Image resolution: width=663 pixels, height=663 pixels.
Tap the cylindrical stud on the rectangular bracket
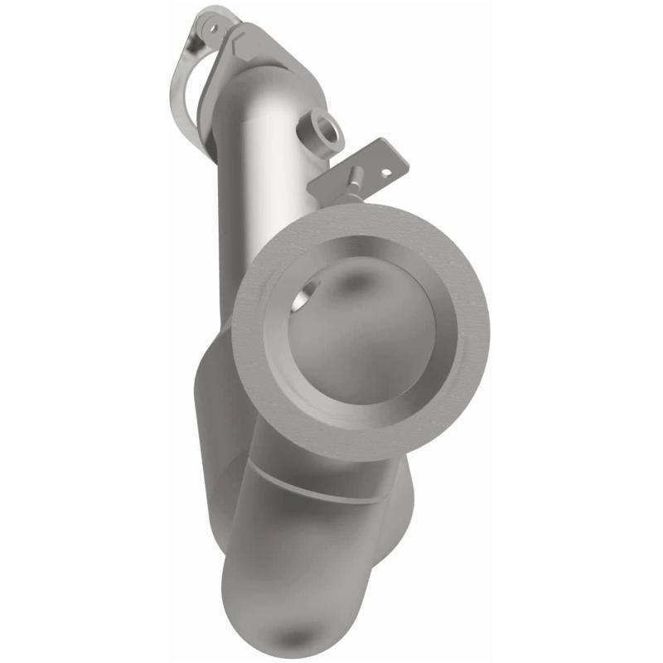[354, 179]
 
